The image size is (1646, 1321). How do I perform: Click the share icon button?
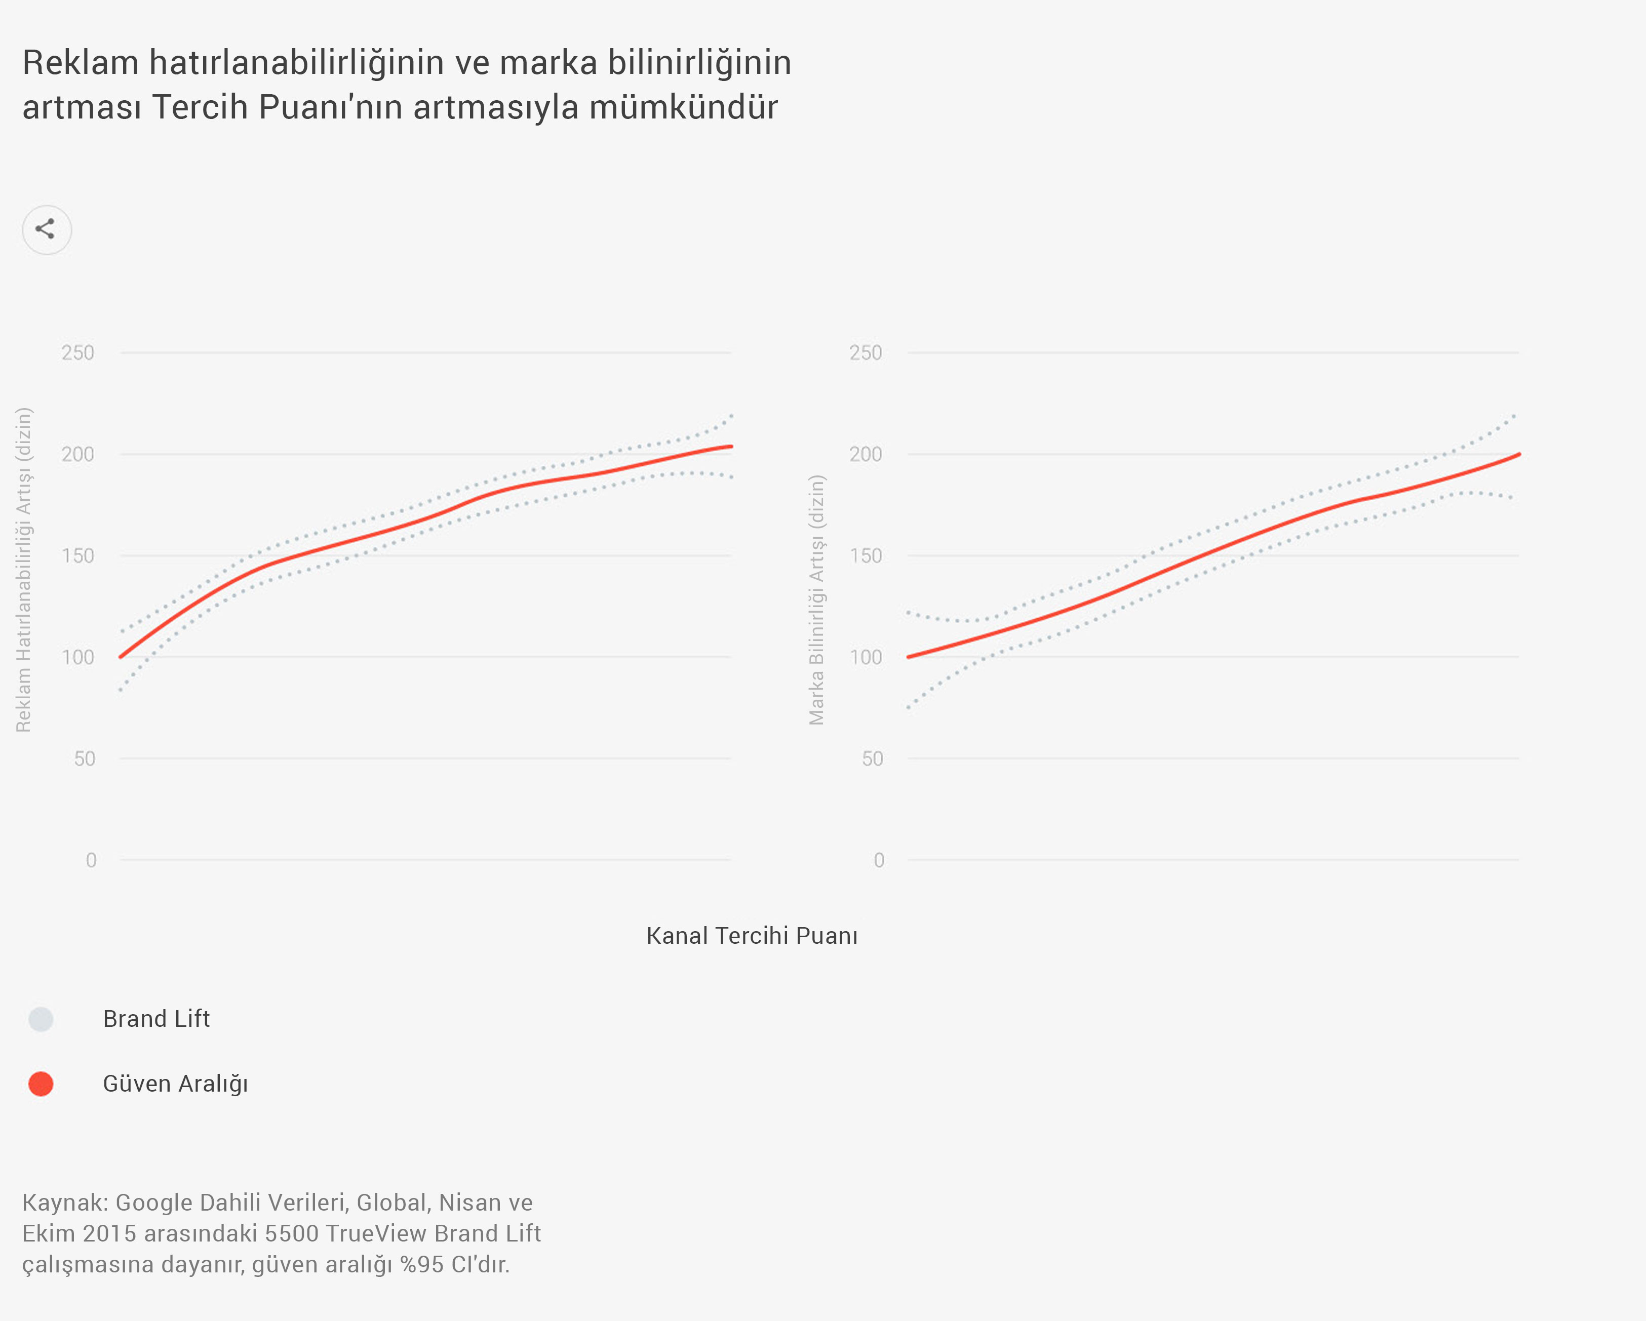click(x=47, y=229)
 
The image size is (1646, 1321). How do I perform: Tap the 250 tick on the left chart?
click(x=78, y=352)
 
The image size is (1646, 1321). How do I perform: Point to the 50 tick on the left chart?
click(x=85, y=758)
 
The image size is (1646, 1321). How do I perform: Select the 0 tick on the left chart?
click(x=91, y=860)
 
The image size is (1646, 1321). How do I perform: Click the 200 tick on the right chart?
click(x=865, y=454)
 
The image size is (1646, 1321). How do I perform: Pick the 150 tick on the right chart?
click(x=865, y=555)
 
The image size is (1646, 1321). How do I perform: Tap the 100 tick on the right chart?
click(x=865, y=657)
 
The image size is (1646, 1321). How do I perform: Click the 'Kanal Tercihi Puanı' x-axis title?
click(x=752, y=936)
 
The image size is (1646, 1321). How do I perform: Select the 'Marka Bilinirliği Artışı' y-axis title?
click(x=817, y=600)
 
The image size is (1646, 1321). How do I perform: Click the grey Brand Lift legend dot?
click(x=41, y=1019)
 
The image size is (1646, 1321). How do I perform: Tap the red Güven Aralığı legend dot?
click(x=41, y=1084)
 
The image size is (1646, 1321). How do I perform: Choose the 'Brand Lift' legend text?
click(x=156, y=1019)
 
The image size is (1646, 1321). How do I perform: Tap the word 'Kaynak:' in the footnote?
click(x=65, y=1202)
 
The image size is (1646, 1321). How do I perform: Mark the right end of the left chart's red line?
click(x=731, y=447)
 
